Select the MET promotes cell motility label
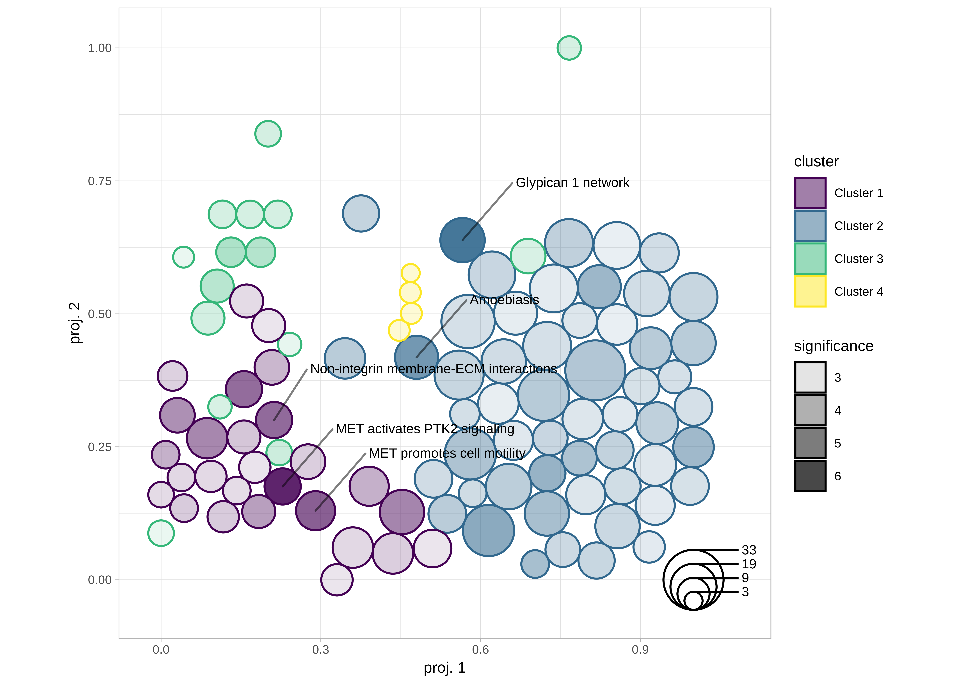click(x=447, y=453)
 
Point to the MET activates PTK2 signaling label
click(x=425, y=429)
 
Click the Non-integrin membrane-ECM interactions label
click(x=433, y=369)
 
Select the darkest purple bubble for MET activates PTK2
click(x=282, y=486)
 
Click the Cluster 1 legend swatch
click(x=810, y=193)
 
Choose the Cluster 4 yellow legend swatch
click(x=810, y=292)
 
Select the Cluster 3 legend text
click(x=858, y=259)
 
